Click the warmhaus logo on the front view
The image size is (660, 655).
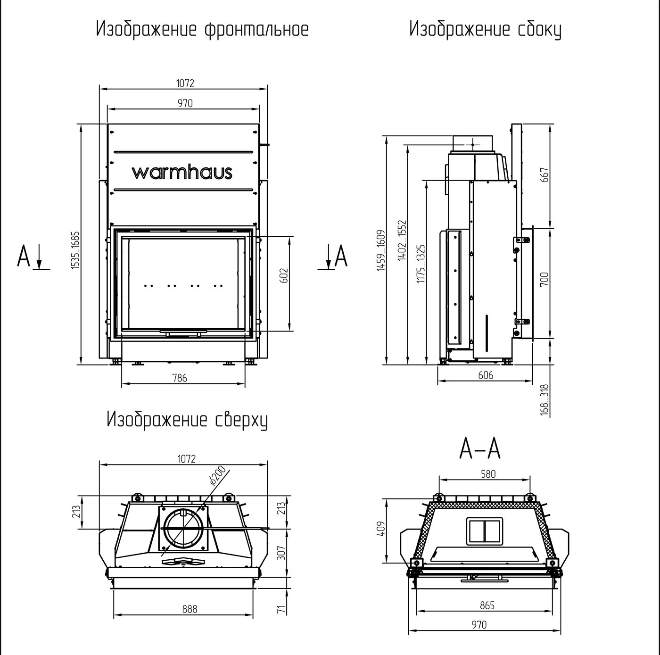[182, 172]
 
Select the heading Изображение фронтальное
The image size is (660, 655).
[202, 30]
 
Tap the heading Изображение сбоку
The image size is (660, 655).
[485, 30]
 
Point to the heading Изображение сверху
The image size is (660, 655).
[187, 419]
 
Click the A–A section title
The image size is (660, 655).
[480, 449]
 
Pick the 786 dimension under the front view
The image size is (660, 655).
[180, 378]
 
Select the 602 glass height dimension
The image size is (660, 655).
[284, 276]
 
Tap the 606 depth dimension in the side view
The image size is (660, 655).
[486, 375]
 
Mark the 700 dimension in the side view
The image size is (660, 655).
[545, 281]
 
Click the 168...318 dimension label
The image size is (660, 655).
[545, 400]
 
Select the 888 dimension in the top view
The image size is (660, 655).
[190, 609]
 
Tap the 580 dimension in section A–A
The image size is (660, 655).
[488, 474]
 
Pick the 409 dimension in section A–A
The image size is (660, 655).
[382, 528]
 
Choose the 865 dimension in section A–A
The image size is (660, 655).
[487, 605]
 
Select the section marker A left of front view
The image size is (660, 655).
[24, 257]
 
